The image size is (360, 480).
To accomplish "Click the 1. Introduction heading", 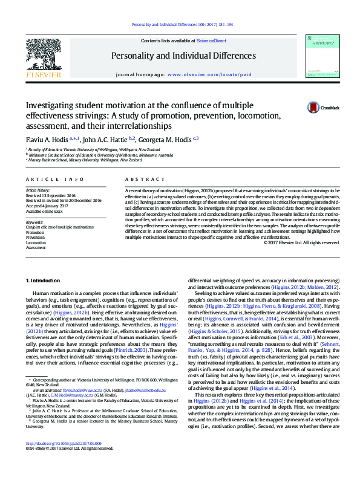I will (45, 281).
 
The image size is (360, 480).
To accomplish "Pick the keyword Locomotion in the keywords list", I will (36, 242).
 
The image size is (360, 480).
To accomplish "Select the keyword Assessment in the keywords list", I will (36, 248).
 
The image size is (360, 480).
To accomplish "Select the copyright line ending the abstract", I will (301, 242).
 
